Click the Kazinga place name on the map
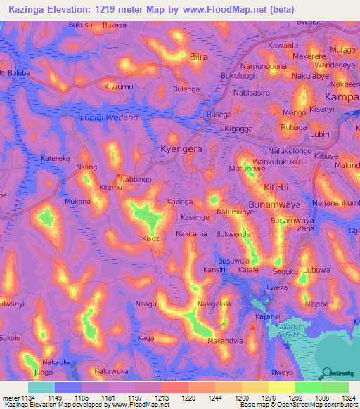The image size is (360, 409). click(180, 202)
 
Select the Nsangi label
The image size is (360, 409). click(87, 167)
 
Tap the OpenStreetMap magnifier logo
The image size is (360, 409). click(326, 374)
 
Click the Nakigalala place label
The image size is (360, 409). click(214, 304)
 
